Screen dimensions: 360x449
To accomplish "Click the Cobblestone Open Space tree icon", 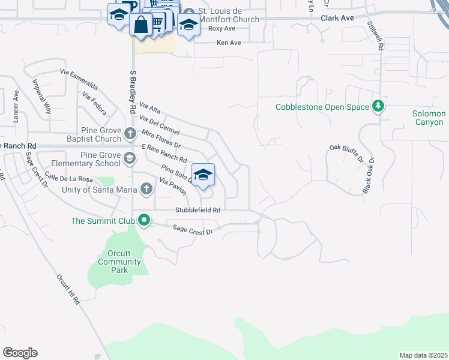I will click(378, 107).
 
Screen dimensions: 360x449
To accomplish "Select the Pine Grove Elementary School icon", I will click(129, 158).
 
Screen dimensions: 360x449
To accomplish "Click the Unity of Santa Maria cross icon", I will click(145, 190).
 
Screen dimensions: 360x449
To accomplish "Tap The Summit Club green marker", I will click(144, 221).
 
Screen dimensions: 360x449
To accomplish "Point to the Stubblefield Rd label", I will click(198, 210).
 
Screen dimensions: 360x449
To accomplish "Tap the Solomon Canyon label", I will click(429, 118).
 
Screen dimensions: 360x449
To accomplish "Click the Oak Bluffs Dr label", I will click(347, 153).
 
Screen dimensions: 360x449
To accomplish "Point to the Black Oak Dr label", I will click(369, 175).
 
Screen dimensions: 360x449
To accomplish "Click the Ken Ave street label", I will click(228, 43).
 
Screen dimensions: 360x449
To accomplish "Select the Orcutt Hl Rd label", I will click(68, 290).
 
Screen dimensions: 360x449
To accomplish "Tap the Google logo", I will click(20, 353).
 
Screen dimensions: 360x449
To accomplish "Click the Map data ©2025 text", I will click(423, 355).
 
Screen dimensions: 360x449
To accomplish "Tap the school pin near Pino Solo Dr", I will click(203, 175).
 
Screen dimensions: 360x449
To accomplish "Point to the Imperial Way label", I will click(41, 97).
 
